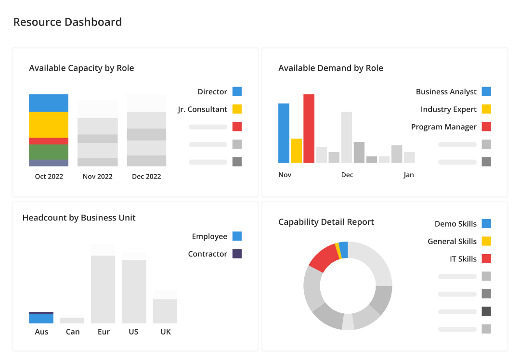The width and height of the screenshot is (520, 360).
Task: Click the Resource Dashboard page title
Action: [x=67, y=22]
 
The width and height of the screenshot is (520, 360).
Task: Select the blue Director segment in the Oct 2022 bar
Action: [x=49, y=103]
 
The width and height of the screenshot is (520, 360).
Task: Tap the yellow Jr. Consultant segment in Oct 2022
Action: [x=49, y=125]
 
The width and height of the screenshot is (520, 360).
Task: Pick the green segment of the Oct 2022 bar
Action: [x=49, y=152]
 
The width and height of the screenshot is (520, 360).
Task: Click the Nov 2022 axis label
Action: [x=97, y=177]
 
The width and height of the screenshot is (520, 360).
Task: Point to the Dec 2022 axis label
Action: [x=146, y=177]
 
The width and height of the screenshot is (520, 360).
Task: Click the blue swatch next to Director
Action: [x=237, y=91]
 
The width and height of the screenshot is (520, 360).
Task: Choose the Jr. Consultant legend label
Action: [x=202, y=109]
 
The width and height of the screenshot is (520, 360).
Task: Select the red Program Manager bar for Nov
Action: [x=309, y=129]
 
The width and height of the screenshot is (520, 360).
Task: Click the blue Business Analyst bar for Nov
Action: [x=284, y=133]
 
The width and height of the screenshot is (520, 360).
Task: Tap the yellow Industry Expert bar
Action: [x=296, y=151]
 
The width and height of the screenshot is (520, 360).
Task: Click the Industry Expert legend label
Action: [x=448, y=109]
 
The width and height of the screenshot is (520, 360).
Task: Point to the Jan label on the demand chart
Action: [x=409, y=175]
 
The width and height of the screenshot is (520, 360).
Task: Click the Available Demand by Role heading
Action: [x=331, y=68]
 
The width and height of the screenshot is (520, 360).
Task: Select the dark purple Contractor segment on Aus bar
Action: [x=41, y=313]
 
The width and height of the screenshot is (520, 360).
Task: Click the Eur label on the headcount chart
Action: [x=103, y=332]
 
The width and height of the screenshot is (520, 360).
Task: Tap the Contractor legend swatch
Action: [x=237, y=254]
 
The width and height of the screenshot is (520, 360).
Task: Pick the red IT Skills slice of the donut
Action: [x=323, y=257]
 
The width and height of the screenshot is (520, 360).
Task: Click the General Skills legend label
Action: [x=452, y=241]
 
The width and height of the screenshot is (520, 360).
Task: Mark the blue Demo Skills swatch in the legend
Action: [x=486, y=223]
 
